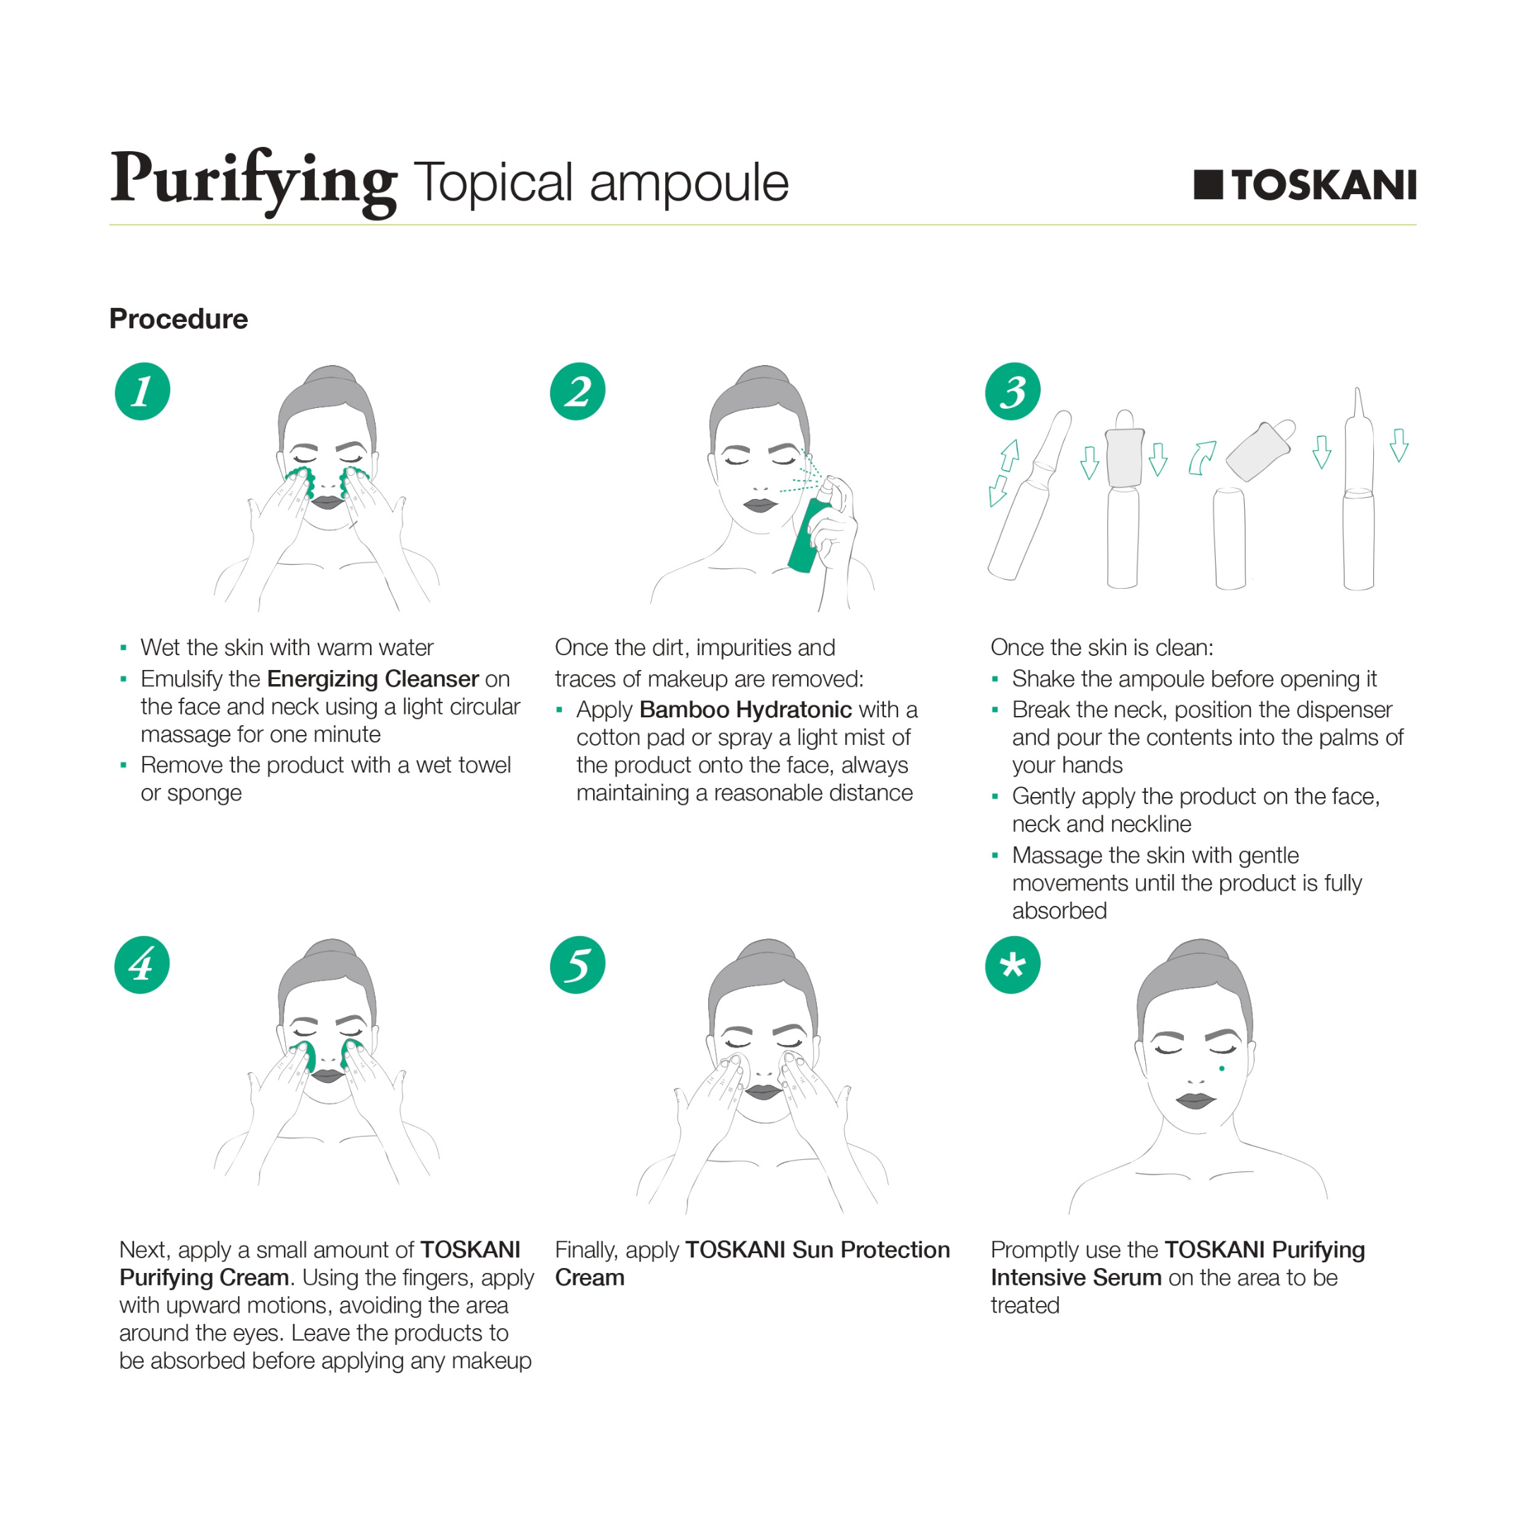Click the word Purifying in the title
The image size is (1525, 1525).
[x=253, y=180]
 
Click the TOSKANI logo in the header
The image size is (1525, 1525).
[x=1304, y=185]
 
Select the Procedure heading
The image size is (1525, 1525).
[x=179, y=319]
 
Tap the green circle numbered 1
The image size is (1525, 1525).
[x=142, y=392]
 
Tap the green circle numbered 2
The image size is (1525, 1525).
[x=577, y=392]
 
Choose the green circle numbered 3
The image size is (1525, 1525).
[x=1012, y=392]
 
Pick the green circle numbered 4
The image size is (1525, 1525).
[x=142, y=964]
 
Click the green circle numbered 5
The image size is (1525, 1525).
[x=577, y=964]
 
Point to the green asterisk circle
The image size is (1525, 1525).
[x=1012, y=964]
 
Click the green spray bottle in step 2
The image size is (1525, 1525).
[x=808, y=537]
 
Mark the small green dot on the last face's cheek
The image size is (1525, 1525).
[x=1221, y=1069]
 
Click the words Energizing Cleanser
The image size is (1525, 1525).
[x=373, y=678]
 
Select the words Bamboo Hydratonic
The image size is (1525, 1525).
[x=745, y=710]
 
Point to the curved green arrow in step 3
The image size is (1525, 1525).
[x=1202, y=457]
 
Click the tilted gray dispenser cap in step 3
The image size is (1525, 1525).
[x=1260, y=450]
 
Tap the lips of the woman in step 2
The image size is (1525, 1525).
[x=760, y=506]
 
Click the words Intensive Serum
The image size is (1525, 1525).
[x=1076, y=1277]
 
